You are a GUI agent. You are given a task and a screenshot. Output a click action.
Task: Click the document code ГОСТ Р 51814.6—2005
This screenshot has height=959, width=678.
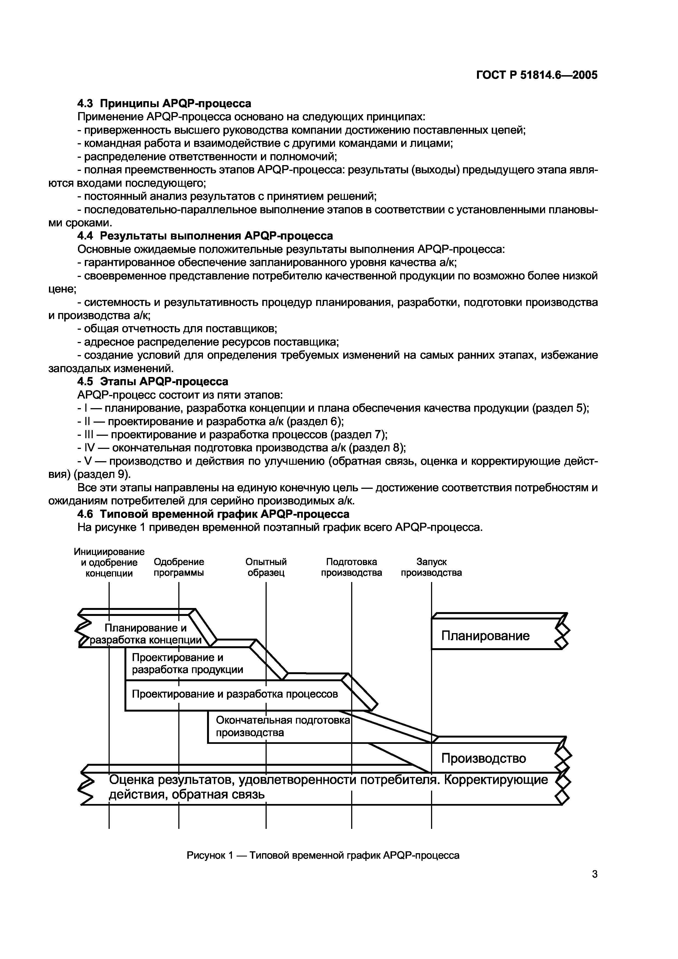pos(537,75)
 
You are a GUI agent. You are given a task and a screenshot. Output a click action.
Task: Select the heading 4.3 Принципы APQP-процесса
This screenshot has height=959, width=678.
pos(164,103)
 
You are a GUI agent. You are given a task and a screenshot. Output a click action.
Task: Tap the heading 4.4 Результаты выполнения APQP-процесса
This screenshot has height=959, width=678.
pos(205,236)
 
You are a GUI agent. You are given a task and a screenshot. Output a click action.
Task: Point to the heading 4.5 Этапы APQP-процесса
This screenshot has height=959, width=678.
pos(153,381)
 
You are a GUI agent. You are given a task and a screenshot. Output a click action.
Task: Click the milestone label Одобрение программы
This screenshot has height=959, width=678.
pos(179,567)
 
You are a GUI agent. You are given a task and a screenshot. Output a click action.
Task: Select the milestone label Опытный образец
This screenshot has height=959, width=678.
pos(266,567)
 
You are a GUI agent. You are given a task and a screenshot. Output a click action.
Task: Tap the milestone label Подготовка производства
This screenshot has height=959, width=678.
pos(351,567)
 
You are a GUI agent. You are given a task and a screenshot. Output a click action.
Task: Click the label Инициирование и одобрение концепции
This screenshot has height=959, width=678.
pos(109,563)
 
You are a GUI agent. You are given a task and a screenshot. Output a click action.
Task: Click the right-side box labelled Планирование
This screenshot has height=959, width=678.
pos(485,636)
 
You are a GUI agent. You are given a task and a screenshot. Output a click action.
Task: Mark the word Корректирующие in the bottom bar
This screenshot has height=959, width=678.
pos(496,780)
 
